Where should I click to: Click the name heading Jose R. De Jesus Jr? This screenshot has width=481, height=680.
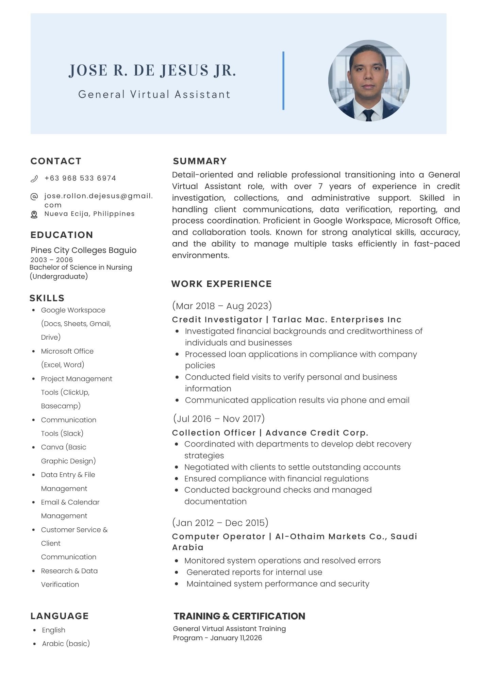[152, 70]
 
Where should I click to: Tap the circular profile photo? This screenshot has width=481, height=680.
[369, 81]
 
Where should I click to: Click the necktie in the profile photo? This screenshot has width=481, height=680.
[368, 115]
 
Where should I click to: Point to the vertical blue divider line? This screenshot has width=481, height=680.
[283, 81]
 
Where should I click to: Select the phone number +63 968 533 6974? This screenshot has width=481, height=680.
[80, 178]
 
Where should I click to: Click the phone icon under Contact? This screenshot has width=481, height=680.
[34, 179]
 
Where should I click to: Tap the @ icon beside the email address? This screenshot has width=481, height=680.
[34, 197]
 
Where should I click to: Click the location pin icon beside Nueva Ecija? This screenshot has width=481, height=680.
[34, 215]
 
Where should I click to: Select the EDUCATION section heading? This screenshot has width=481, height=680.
[62, 235]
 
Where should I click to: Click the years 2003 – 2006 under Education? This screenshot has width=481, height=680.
[51, 260]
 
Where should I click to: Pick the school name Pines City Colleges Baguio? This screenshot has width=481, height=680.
[83, 250]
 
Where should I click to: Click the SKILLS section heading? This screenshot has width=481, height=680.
[47, 298]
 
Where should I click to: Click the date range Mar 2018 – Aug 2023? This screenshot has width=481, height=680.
[222, 306]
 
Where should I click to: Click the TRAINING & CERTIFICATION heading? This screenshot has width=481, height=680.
[239, 616]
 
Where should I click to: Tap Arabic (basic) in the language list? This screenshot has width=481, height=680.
[66, 644]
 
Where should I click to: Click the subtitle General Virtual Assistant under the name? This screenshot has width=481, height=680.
[154, 94]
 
